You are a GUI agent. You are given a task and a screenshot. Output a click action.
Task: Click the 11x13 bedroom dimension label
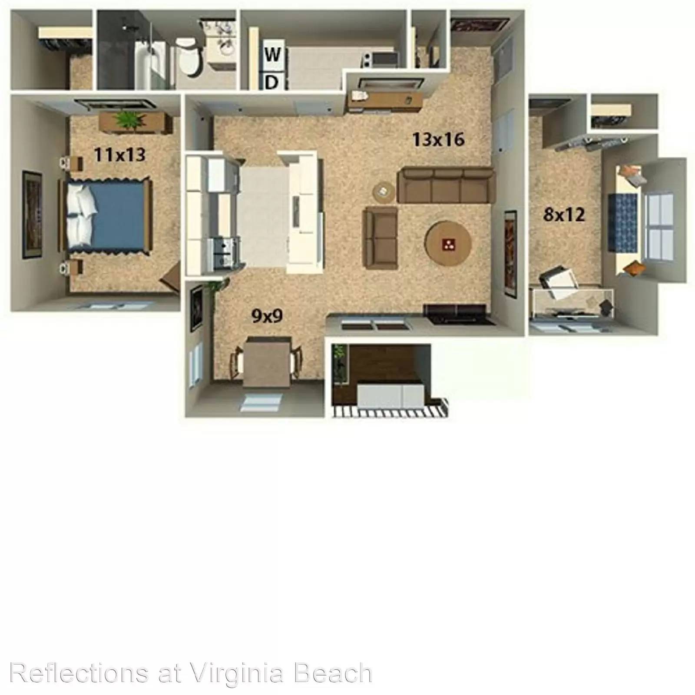point(119,154)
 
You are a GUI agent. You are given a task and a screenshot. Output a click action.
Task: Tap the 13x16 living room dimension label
point(438,139)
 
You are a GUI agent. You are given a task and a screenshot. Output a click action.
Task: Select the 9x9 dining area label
point(267,316)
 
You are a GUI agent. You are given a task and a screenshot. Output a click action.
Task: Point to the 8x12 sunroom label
point(564,214)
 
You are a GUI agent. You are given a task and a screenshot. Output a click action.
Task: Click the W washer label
point(272,55)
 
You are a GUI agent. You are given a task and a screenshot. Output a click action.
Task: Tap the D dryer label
point(271,82)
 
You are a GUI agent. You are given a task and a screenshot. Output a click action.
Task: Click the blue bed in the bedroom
point(108,215)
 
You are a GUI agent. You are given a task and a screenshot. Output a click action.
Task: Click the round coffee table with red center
point(448,244)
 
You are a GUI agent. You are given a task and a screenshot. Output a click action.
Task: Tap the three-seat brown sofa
point(446,185)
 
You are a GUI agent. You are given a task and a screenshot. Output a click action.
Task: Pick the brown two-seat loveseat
point(381,238)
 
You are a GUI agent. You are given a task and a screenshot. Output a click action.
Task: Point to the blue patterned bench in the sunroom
point(623,223)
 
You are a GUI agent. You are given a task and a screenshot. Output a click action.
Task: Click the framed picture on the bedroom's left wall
point(32,215)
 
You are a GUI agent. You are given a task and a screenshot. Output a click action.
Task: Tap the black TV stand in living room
point(460,314)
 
